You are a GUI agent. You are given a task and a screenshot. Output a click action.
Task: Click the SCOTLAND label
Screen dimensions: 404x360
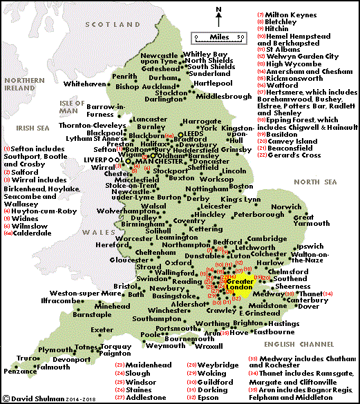[x=102, y=23]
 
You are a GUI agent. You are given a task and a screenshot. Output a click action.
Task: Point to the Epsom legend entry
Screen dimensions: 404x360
[x=213, y=397]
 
